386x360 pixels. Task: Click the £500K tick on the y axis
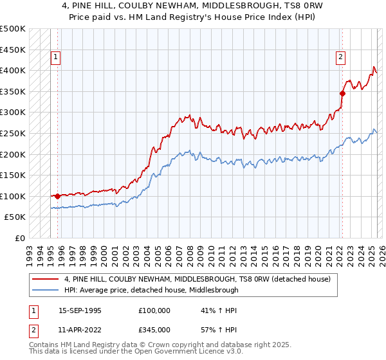tap(13, 29)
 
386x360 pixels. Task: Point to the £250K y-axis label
tap(13, 133)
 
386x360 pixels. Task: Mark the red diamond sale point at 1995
tap(57, 196)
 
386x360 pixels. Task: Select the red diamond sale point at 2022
tap(342, 93)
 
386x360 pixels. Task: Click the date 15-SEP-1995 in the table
tap(80, 310)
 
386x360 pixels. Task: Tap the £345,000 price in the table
tap(154, 329)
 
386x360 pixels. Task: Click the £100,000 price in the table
tap(154, 310)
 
